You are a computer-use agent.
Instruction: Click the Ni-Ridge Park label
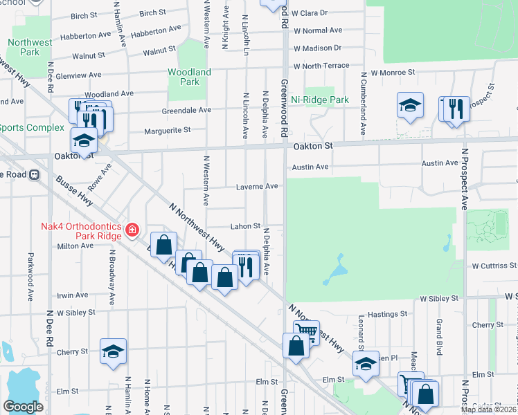coord(320,100)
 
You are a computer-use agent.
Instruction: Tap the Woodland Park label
coord(189,77)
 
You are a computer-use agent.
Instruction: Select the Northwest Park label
coord(30,47)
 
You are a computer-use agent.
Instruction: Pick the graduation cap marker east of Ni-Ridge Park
coord(410,105)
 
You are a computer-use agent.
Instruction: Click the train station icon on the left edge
coord(34,174)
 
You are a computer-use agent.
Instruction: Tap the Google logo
coord(23,407)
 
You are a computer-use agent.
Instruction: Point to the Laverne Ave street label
coord(257,186)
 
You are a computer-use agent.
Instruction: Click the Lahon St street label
coord(245,226)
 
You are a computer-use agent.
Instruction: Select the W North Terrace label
coord(321,66)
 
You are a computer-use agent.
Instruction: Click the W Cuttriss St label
coord(494,266)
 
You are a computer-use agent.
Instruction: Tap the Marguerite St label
coord(167,130)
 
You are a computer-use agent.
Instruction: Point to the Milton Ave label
coord(75,246)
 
